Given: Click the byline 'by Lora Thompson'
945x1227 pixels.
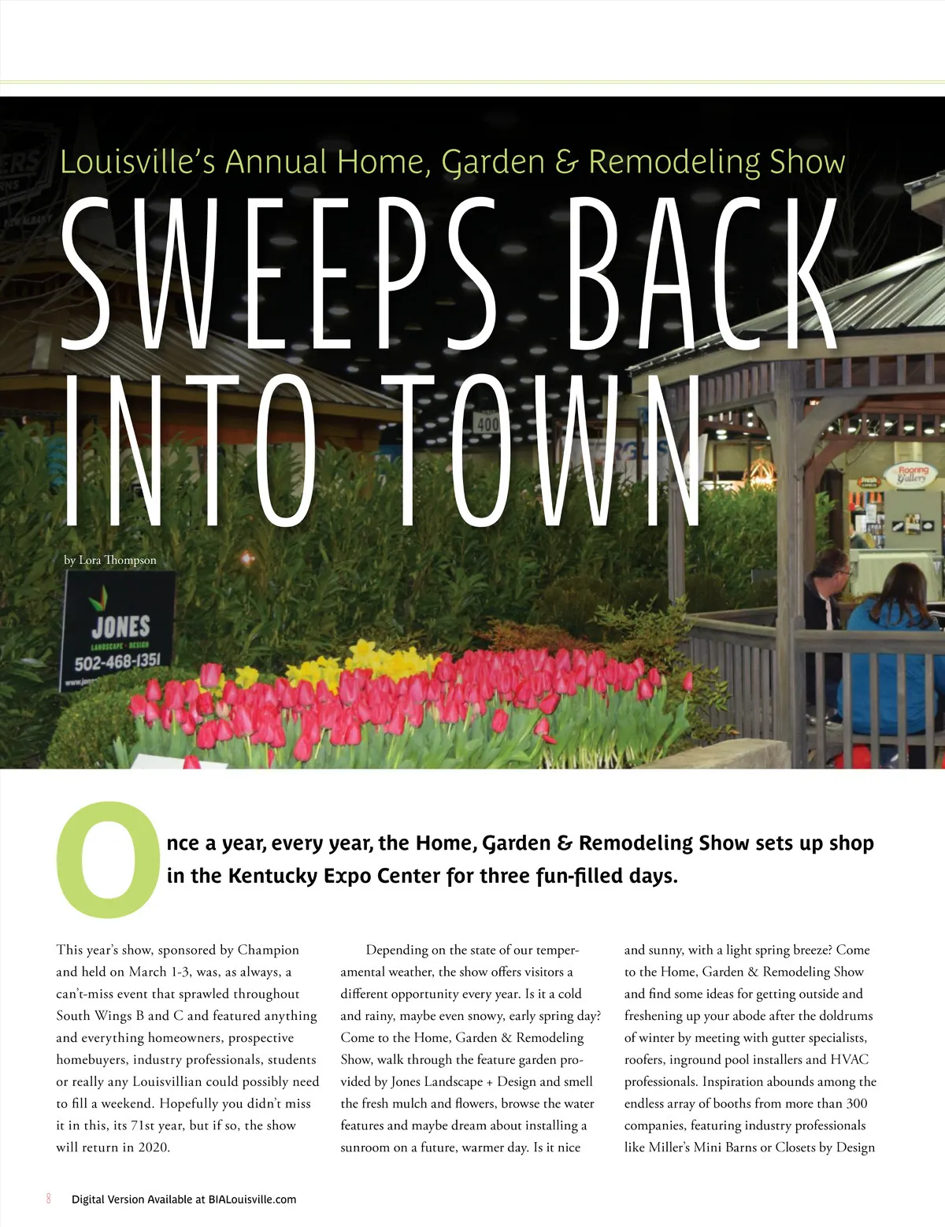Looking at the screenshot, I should (110, 560).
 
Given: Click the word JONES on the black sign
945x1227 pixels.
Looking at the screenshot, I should (120, 627).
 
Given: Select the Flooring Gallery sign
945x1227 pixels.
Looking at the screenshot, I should (913, 475).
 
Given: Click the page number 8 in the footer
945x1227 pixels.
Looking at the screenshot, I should (48, 1199).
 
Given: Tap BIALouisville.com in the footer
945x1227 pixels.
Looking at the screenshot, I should (252, 1199).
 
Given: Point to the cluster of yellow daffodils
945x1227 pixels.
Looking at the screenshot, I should (370, 662).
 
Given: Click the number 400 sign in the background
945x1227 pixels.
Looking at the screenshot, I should (487, 424).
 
